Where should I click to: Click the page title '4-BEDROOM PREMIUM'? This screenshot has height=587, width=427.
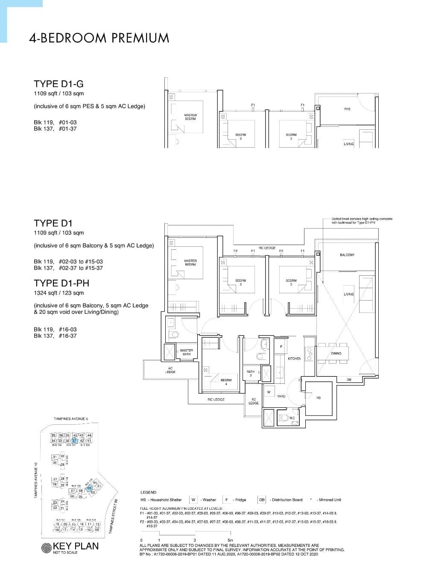(99, 38)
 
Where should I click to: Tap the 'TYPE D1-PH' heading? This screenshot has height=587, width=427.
(61, 283)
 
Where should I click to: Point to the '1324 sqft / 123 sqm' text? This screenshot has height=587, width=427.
(59, 293)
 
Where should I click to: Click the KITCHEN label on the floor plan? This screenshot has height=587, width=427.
(294, 359)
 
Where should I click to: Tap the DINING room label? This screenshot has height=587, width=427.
(336, 353)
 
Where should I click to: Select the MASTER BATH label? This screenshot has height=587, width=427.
(187, 352)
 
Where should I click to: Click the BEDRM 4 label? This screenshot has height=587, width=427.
(226, 382)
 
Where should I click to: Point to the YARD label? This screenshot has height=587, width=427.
(281, 396)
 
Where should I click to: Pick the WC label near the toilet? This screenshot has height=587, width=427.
(292, 418)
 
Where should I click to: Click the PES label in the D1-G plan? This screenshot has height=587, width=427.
(347, 109)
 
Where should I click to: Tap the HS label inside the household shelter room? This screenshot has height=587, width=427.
(319, 398)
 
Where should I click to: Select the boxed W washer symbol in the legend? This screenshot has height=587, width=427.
(193, 499)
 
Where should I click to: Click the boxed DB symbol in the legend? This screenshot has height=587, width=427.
(262, 499)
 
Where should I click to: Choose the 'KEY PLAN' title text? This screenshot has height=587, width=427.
(75, 546)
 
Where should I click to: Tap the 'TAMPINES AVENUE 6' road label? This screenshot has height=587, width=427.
(71, 419)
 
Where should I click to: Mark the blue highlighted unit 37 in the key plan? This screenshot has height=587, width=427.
(74, 440)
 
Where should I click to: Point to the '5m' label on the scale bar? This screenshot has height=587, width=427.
(230, 540)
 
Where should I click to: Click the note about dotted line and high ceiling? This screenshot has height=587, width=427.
(362, 221)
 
